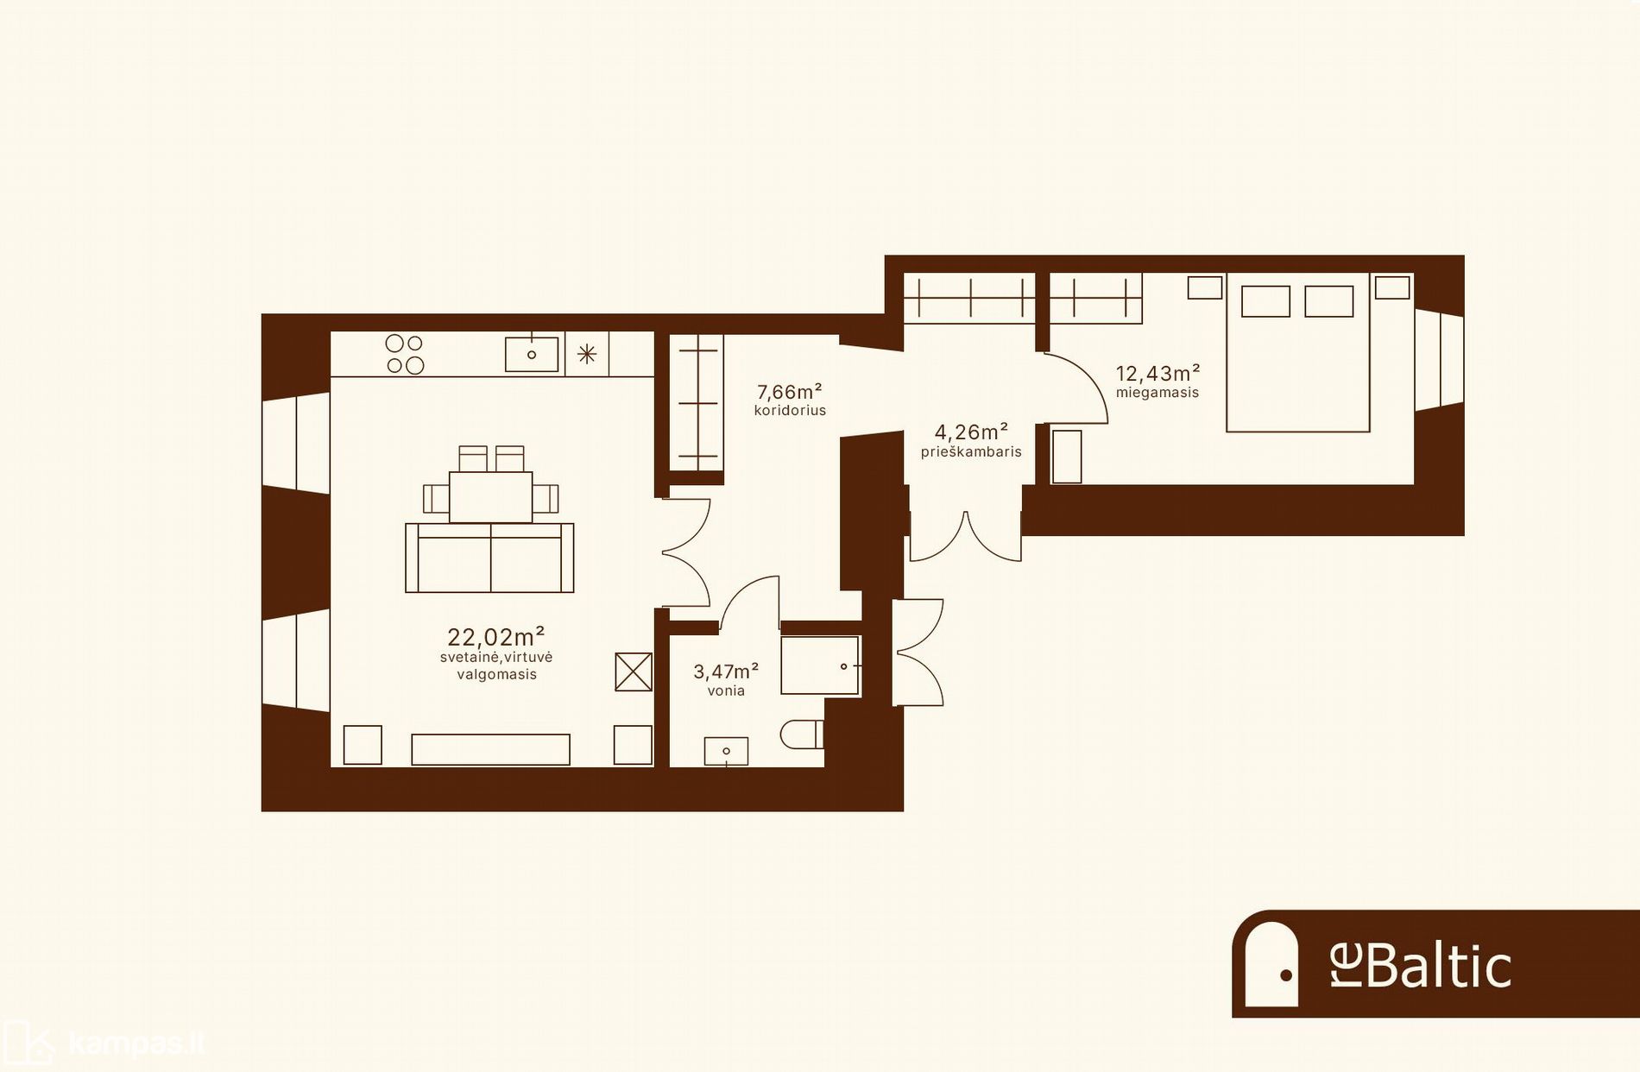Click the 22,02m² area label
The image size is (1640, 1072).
(x=495, y=637)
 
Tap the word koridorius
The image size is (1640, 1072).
(x=790, y=411)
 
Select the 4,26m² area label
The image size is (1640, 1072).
(x=971, y=432)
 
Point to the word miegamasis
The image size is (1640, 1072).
(x=1157, y=393)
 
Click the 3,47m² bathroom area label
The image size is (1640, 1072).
(x=726, y=671)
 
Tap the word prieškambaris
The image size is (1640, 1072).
(x=971, y=451)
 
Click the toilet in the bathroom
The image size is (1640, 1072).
(x=802, y=735)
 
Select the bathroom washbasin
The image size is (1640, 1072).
(x=726, y=751)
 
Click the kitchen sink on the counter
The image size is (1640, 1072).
(x=531, y=354)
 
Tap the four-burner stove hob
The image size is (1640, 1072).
(x=405, y=354)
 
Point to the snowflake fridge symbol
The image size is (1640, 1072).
(x=587, y=354)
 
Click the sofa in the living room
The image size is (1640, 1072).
(x=489, y=558)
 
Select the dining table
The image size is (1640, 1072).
(x=490, y=496)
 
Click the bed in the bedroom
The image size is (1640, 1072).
(x=1298, y=352)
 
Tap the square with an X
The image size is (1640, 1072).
(x=634, y=672)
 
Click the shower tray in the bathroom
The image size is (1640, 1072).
(x=820, y=665)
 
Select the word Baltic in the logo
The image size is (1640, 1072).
(x=1439, y=966)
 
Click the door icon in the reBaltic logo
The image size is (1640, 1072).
(x=1271, y=964)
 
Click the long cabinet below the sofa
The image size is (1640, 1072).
(x=490, y=749)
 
